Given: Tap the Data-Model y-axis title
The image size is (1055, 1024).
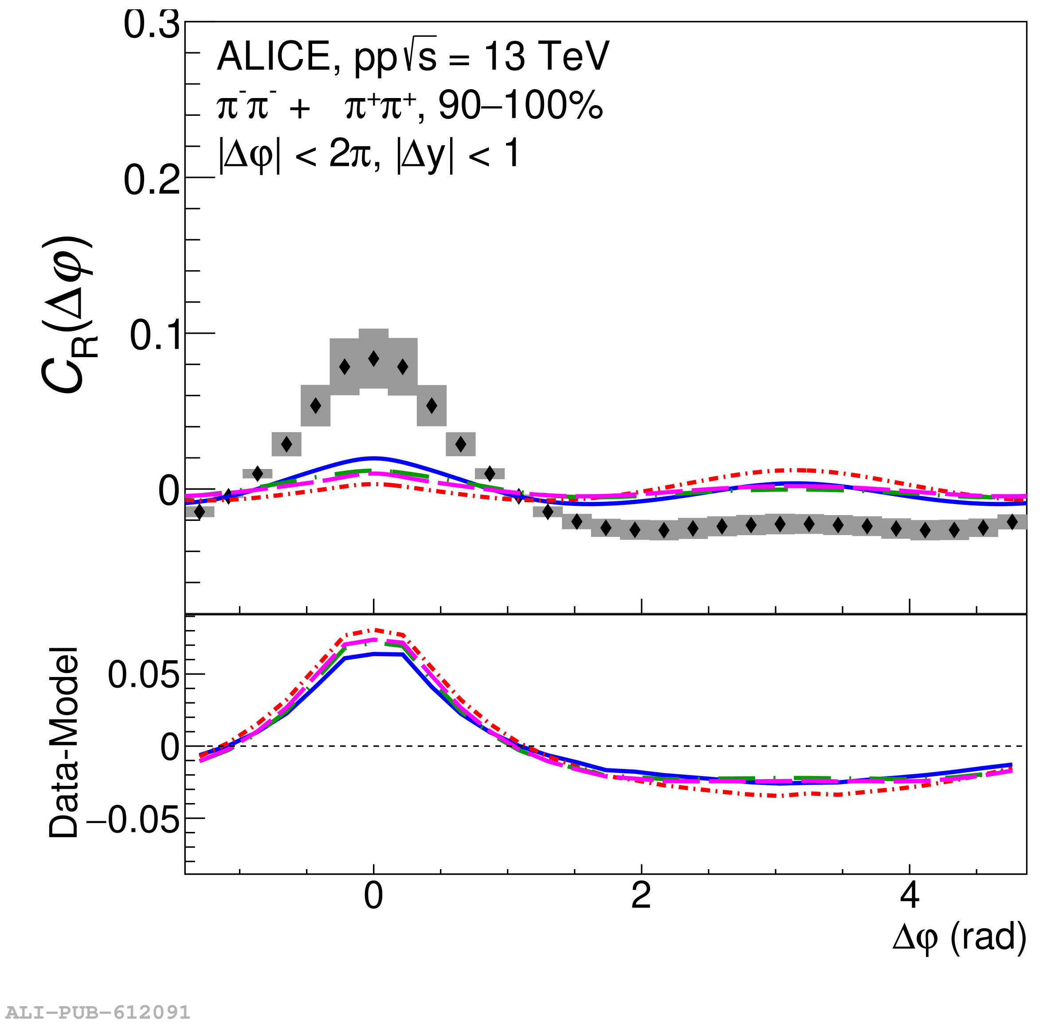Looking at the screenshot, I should point(63,743).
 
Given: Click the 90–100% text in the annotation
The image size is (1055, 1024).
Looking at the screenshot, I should point(521,105).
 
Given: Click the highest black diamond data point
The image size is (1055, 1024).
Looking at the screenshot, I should point(373,358).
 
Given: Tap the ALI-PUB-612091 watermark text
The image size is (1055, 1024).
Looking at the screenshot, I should point(98,1012).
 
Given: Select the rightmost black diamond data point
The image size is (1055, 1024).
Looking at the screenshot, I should point(1012,522).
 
